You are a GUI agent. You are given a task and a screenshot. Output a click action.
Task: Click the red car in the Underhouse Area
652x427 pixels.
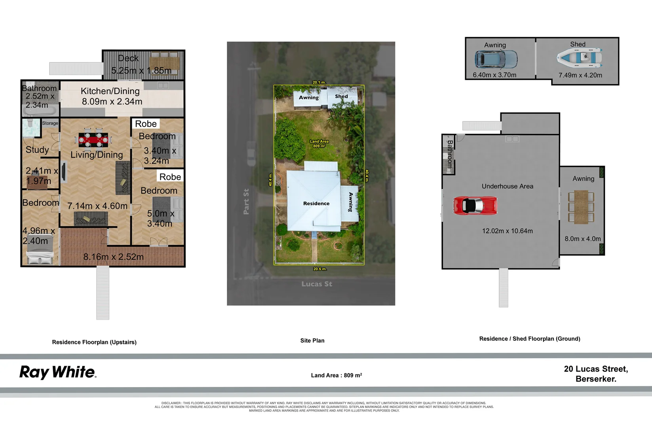coord(475,206)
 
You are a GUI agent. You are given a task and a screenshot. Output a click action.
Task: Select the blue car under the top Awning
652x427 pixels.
coord(496,59)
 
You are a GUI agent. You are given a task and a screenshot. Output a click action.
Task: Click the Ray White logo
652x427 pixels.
coord(58,372)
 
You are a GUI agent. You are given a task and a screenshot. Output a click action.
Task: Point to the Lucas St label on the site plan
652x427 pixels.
coord(317,284)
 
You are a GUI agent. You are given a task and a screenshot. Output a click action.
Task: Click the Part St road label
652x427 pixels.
coord(246,202)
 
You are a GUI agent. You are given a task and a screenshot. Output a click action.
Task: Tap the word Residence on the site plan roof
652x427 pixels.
coord(316,204)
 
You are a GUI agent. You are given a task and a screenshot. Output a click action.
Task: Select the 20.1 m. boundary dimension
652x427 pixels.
coord(319,82)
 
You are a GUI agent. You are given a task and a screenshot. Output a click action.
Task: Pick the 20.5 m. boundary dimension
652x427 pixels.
coord(320,269)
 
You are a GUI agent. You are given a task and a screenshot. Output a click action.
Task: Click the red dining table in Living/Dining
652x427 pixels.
coord(93,139)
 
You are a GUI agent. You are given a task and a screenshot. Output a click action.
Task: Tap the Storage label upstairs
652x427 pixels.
coord(50,123)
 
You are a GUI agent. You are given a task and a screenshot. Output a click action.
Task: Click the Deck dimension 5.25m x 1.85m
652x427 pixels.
coord(141,71)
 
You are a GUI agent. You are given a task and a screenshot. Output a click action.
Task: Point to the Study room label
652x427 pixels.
coord(37,150)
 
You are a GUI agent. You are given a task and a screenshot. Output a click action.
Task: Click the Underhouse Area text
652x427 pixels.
coord(507,186)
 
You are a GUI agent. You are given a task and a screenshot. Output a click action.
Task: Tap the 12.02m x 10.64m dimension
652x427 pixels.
coord(507,231)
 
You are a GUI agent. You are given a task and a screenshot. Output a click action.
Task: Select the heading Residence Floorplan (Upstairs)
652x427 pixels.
coord(94,342)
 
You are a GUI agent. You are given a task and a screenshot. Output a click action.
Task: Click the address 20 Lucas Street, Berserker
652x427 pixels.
coord(596,374)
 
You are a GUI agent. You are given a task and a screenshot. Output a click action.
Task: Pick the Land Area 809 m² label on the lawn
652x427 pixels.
coord(319,144)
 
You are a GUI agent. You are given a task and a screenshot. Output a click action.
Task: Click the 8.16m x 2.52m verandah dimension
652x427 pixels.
coord(113,257)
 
